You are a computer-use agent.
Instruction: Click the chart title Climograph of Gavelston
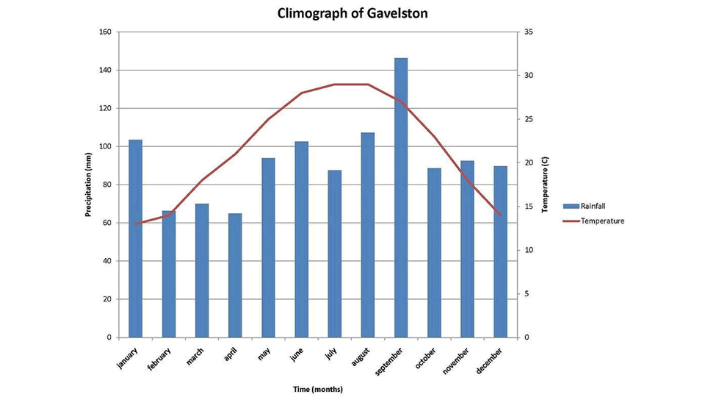point(352,13)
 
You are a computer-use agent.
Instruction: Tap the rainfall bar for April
point(235,275)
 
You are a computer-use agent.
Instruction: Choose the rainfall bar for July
point(335,254)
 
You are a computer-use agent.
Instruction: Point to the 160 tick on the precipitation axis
point(105,32)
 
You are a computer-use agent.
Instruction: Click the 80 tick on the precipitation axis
point(107,185)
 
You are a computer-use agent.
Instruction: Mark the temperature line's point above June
point(301,93)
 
